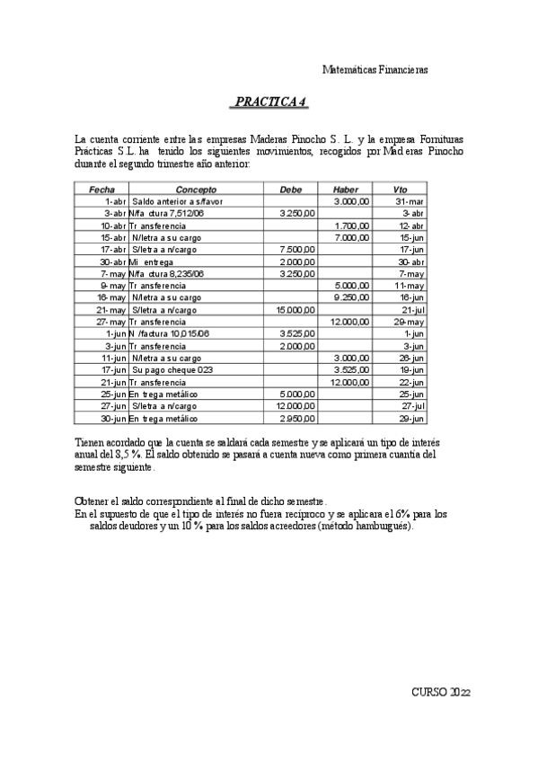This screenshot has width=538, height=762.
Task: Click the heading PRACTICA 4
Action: click(269, 102)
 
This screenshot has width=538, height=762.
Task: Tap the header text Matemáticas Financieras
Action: click(375, 69)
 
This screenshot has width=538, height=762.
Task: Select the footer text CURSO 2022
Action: click(441, 693)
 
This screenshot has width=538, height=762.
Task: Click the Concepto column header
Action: click(196, 190)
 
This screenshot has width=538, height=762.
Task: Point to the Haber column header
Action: click(345, 190)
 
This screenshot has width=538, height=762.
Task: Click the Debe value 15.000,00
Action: click(296, 309)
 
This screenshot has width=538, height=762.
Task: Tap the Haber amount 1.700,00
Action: click(351, 226)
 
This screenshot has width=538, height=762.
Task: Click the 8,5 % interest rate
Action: click(127, 456)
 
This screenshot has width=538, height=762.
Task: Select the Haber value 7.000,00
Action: click(351, 237)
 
